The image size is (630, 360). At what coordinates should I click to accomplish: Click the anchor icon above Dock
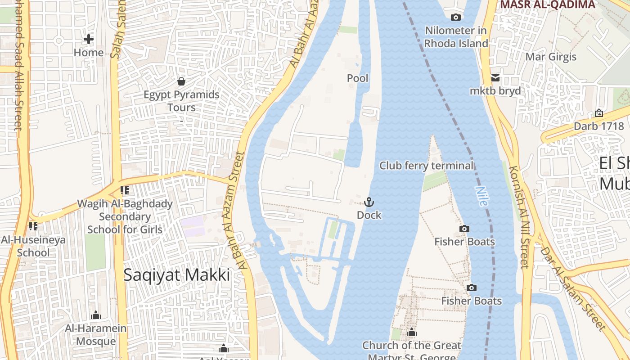click(x=369, y=202)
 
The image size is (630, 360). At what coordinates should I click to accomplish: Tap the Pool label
click(x=358, y=78)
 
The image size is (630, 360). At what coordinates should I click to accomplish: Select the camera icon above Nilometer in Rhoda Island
click(x=456, y=18)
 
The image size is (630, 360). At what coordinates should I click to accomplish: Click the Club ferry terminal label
click(x=426, y=166)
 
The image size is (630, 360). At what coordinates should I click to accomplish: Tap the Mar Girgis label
click(x=551, y=57)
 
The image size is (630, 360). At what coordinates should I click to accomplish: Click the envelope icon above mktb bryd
click(x=495, y=78)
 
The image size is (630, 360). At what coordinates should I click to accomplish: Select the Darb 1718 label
click(x=598, y=126)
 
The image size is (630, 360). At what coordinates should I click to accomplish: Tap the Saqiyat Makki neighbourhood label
click(x=176, y=274)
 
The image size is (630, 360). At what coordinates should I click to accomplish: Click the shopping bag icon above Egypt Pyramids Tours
click(x=181, y=81)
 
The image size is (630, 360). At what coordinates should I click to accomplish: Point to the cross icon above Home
click(x=89, y=39)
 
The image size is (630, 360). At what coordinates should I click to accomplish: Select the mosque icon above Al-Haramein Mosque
click(x=95, y=315)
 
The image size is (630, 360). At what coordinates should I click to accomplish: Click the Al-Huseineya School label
click(x=33, y=246)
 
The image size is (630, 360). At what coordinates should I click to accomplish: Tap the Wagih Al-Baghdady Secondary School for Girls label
click(x=125, y=216)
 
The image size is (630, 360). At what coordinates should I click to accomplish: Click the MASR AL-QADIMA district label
click(x=547, y=4)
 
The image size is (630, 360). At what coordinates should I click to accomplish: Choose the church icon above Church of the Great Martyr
click(x=411, y=333)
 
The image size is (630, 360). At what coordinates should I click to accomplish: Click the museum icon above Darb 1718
click(x=598, y=113)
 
